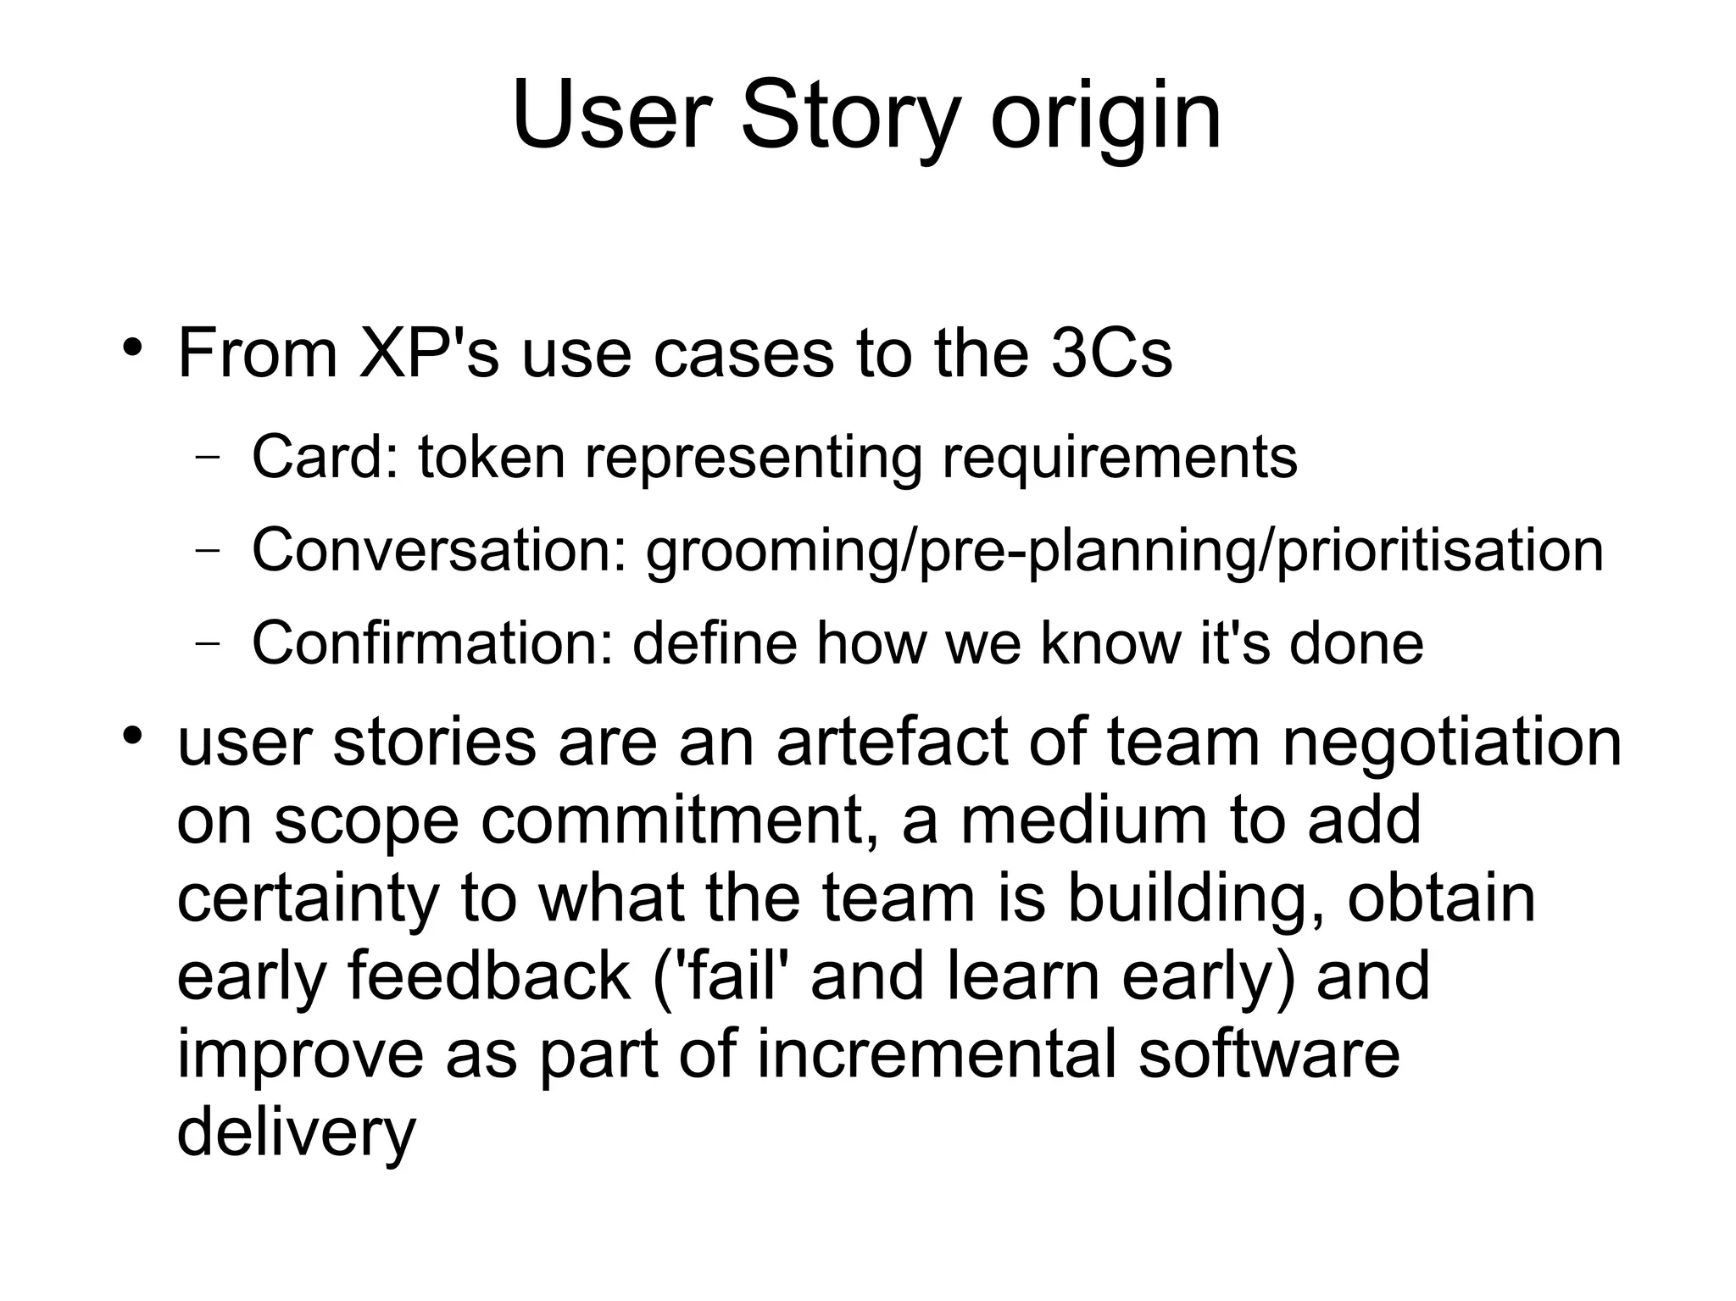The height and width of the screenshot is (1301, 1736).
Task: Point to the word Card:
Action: click(x=325, y=458)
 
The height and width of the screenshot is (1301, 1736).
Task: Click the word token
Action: click(x=491, y=458)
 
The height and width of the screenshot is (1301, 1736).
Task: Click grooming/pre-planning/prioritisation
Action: click(x=1124, y=552)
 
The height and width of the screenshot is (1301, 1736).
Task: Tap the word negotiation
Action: click(x=1450, y=743)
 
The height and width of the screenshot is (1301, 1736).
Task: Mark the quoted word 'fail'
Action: click(x=723, y=976)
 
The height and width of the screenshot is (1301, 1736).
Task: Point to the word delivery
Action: click(x=296, y=1133)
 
